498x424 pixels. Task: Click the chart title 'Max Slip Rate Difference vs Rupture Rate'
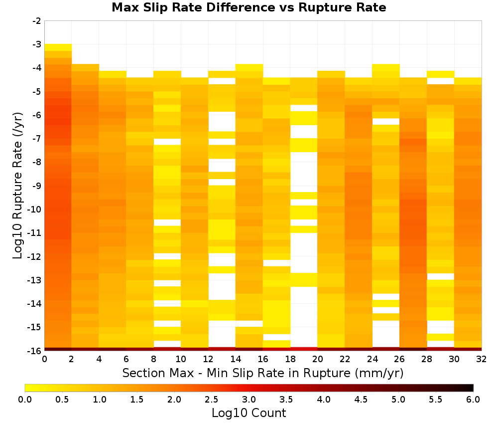tap(249, 7)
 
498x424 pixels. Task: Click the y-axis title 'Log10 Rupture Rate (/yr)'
tap(18, 186)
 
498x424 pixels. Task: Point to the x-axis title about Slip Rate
tap(262, 373)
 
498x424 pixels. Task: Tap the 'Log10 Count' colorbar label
tap(249, 413)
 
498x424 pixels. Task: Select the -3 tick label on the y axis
tap(37, 44)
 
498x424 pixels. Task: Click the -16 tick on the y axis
tap(35, 351)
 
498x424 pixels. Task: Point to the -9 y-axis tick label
tap(37, 186)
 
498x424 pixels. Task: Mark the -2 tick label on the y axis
tap(37, 21)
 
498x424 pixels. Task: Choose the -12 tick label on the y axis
tap(35, 256)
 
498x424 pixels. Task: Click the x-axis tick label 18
tap(290, 359)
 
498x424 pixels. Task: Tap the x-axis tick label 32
tap(482, 359)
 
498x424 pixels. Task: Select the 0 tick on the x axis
tap(44, 359)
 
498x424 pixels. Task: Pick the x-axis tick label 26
tap(399, 359)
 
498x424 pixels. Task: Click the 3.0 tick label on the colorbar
tap(249, 399)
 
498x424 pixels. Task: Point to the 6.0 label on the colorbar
tap(473, 399)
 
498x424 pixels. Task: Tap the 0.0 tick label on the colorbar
tap(25, 399)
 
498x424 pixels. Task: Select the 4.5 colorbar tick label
tap(361, 399)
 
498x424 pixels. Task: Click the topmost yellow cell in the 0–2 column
tap(58, 47)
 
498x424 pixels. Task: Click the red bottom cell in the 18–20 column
tap(304, 349)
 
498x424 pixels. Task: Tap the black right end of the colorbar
tap(471, 388)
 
